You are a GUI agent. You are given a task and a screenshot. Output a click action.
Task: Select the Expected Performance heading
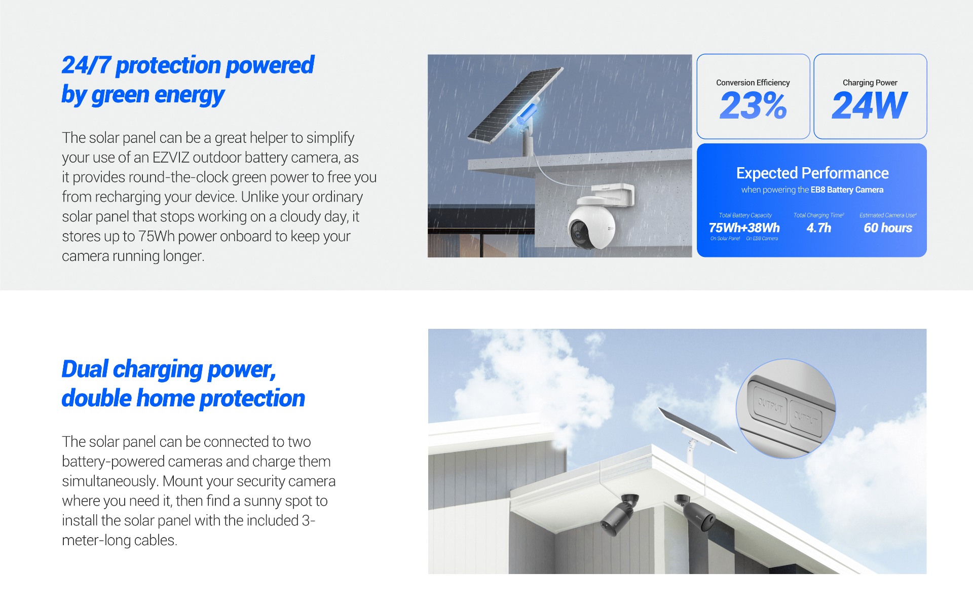click(812, 173)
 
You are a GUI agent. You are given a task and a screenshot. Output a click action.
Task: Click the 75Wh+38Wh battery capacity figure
click(744, 228)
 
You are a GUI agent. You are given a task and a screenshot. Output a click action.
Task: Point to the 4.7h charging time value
click(819, 228)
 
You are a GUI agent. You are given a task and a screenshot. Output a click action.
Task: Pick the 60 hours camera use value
click(888, 228)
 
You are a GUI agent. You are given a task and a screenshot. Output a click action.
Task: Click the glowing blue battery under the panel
click(527, 113)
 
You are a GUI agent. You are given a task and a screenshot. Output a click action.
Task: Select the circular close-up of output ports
click(785, 409)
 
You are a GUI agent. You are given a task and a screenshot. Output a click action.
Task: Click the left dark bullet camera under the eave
click(619, 514)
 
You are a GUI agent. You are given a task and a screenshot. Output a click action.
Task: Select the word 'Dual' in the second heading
click(85, 369)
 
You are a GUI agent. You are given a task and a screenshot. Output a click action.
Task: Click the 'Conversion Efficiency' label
click(753, 83)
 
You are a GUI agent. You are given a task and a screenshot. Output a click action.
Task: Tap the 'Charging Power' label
click(870, 83)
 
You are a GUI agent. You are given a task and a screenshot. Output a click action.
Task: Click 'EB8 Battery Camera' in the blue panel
click(847, 190)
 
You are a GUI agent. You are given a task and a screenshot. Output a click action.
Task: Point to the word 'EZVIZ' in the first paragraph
click(171, 158)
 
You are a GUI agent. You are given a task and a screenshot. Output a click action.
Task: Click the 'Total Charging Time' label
click(818, 215)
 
